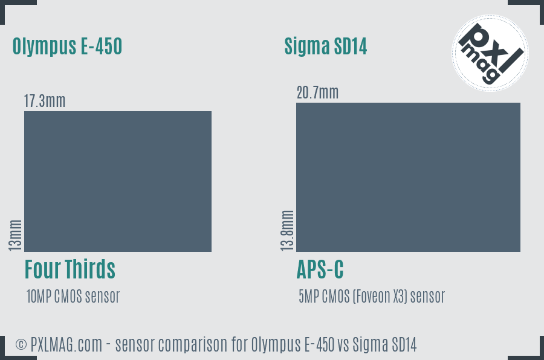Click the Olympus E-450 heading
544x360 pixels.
(x=67, y=46)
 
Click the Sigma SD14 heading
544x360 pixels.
(x=326, y=47)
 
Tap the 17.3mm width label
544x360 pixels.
(x=45, y=101)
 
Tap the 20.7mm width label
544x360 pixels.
(x=317, y=92)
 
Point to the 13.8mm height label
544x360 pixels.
(x=287, y=230)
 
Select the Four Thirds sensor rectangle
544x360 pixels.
(x=118, y=181)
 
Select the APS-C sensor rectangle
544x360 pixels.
(x=408, y=177)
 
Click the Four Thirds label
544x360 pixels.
(x=70, y=269)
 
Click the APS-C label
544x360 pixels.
(x=320, y=269)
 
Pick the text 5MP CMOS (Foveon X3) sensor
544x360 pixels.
(x=371, y=297)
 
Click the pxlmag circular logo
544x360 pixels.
(x=490, y=53)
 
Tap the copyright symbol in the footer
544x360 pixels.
(x=21, y=345)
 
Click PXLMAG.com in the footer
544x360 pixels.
(x=70, y=345)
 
